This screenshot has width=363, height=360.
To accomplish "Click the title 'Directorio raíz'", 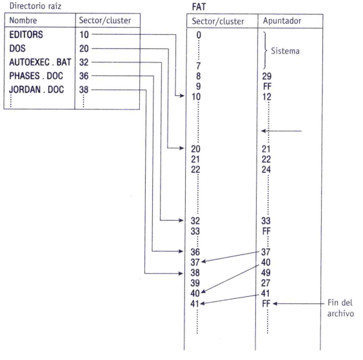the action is [x=35, y=6].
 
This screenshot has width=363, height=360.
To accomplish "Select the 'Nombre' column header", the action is [x=23, y=21].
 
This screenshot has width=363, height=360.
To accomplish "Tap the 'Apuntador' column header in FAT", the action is [x=282, y=21].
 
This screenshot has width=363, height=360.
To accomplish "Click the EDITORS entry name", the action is [x=26, y=35].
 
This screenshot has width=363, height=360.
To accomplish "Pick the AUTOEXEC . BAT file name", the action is [x=40, y=62].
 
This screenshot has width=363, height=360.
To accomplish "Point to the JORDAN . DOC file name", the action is [x=36, y=90].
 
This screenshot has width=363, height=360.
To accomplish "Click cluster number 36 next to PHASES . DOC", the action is [x=84, y=76].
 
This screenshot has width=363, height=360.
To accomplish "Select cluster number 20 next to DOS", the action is [x=84, y=48].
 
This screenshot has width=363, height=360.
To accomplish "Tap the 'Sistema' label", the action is [x=285, y=51].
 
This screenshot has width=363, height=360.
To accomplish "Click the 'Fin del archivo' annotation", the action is [x=340, y=308].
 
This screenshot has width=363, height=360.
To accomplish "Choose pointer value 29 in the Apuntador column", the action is [x=267, y=76].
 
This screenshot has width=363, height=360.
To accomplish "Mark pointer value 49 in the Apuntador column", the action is [x=266, y=272].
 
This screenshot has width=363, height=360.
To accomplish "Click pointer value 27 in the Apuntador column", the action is [x=266, y=283].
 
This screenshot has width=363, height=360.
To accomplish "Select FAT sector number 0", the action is [x=199, y=35].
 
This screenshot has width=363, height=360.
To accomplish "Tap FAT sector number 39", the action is [x=195, y=283].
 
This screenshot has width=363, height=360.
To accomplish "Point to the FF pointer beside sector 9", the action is [x=267, y=86].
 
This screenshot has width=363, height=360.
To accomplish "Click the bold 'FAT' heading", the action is [x=199, y=7].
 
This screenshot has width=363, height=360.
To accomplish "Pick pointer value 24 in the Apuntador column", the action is [x=266, y=170].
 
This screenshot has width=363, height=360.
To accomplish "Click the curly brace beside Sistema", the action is [x=265, y=50].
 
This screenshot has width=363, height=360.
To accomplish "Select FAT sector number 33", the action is [x=195, y=231].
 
